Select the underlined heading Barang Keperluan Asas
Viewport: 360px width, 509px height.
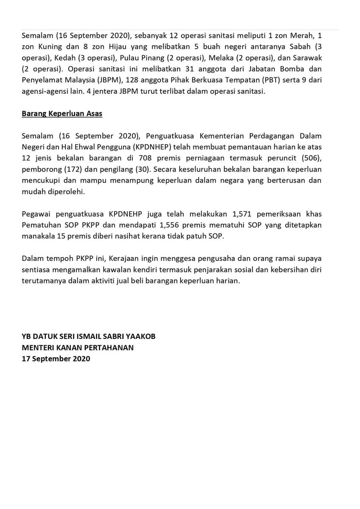(x=62, y=114)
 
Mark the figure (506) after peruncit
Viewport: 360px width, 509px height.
(x=312, y=158)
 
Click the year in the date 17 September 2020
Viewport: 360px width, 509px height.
(x=81, y=358)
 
